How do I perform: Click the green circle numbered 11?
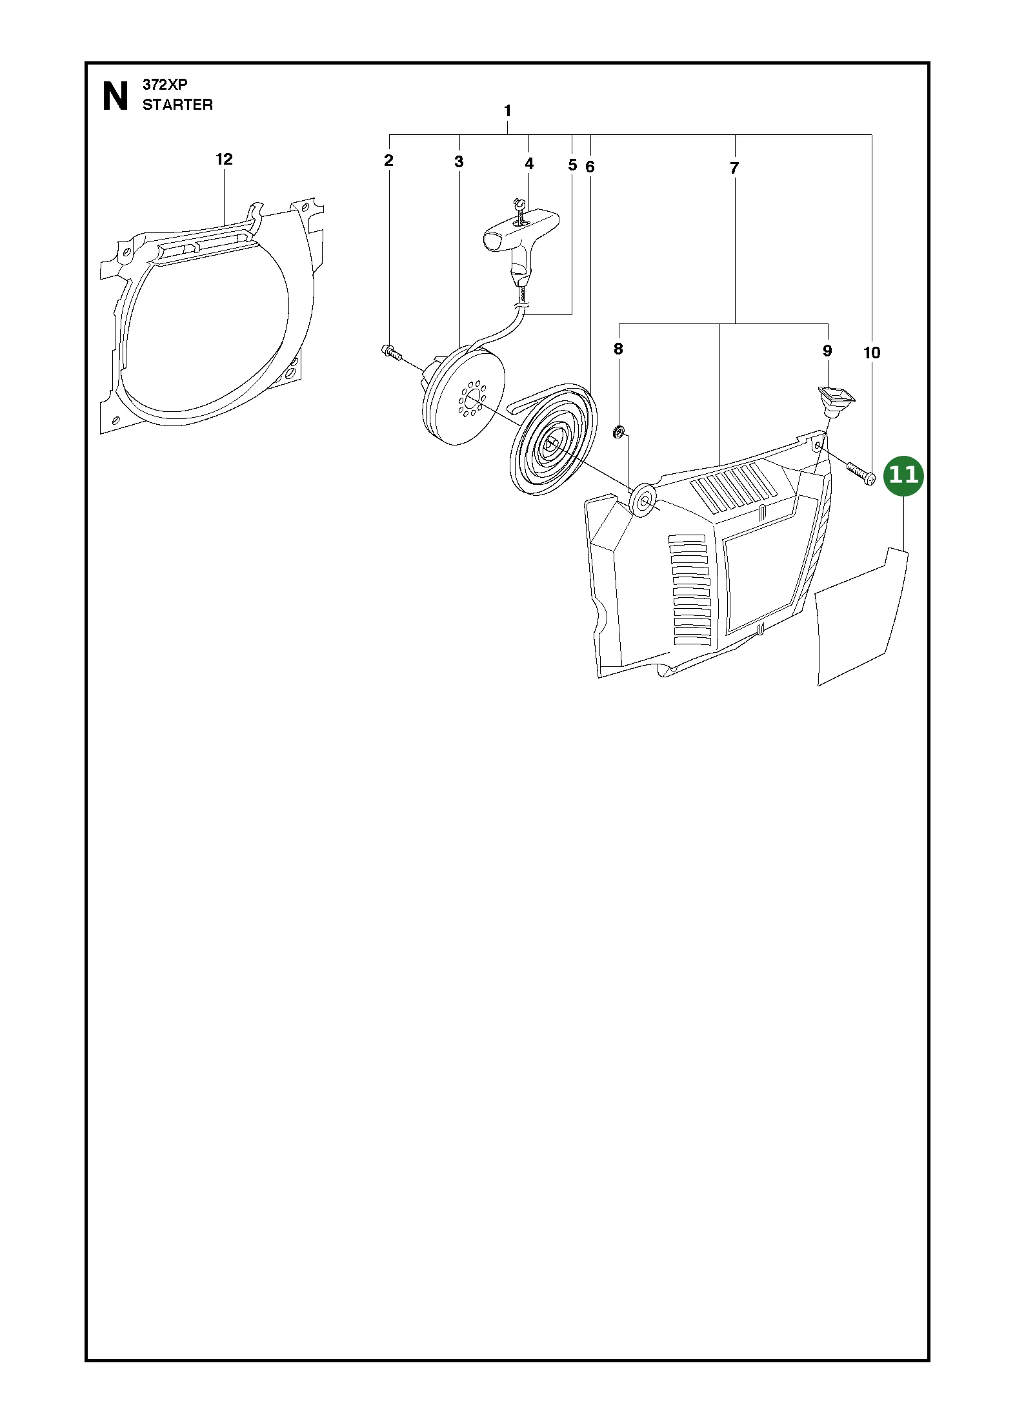[903, 476]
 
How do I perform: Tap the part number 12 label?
[224, 159]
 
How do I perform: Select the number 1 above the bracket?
[508, 111]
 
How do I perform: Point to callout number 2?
[388, 160]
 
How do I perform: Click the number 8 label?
[618, 349]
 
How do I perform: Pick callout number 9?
[827, 351]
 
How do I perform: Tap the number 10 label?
[871, 353]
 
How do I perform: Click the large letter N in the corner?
[116, 97]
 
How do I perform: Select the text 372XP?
[165, 85]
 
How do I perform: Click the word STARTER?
[177, 105]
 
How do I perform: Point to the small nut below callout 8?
[618, 432]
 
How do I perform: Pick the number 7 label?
[734, 169]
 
